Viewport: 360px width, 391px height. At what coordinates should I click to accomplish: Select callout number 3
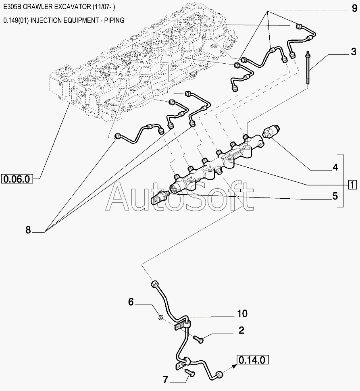click(353, 52)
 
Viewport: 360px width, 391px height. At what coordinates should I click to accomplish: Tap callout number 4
click(335, 167)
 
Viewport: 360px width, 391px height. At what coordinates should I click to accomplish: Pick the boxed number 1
click(352, 185)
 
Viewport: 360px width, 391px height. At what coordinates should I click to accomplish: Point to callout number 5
click(335, 197)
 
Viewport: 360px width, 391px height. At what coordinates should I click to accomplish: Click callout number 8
click(28, 230)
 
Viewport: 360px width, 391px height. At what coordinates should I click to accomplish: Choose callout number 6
click(131, 302)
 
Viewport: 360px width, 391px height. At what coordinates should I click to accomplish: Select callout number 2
click(241, 331)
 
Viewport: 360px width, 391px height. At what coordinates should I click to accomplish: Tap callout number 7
click(165, 379)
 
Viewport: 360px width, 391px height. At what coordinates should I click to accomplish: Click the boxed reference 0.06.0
click(17, 179)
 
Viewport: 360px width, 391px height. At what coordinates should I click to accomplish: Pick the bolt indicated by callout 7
click(190, 374)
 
